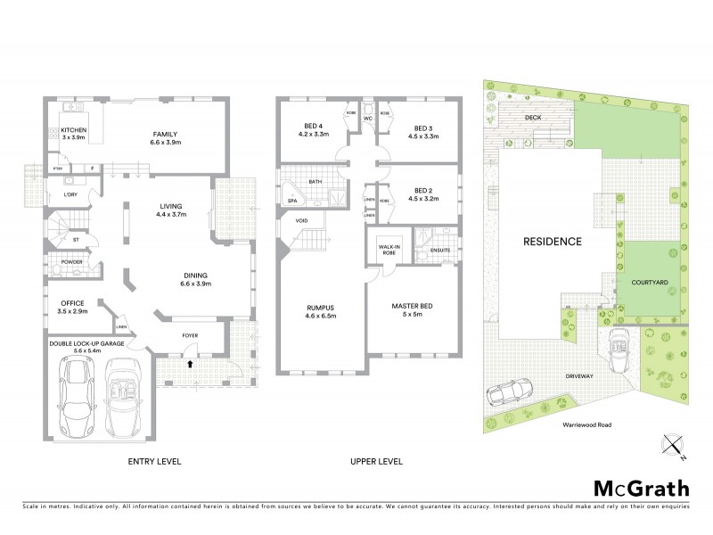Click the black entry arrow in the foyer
(x=190, y=364)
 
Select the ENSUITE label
(x=439, y=251)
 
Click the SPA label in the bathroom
(x=292, y=202)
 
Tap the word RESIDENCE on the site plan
(x=552, y=242)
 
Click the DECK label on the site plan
(x=533, y=117)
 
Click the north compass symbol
(x=673, y=443)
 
